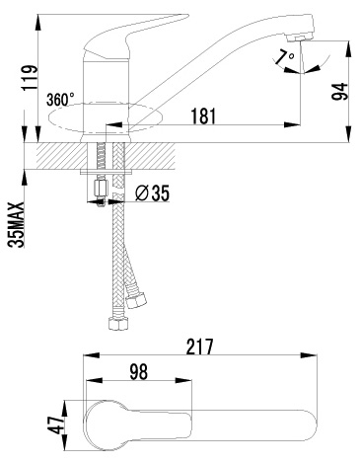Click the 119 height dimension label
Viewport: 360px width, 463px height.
30,77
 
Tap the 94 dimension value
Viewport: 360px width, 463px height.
339,92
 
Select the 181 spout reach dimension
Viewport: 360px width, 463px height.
203,116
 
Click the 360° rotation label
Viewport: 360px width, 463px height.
60,100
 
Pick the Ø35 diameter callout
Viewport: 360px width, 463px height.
152,193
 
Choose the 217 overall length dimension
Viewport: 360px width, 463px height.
200,347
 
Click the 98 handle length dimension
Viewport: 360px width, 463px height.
138,372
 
